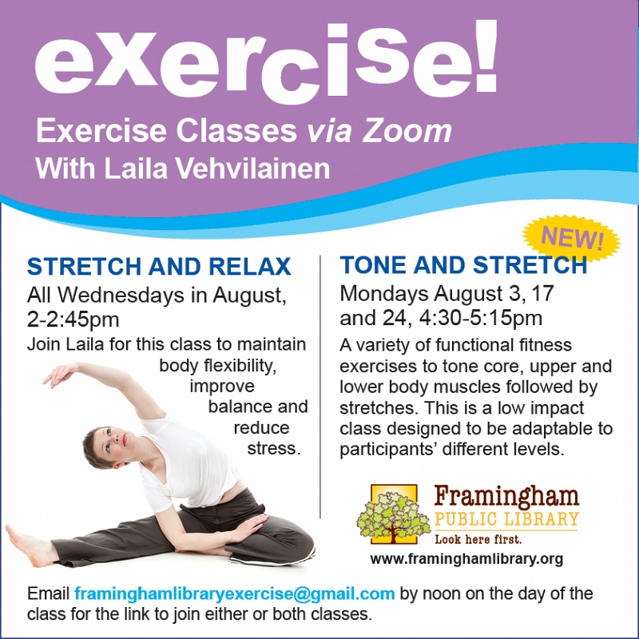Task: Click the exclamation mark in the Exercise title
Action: coord(486,56)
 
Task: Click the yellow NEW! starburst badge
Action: coord(571,237)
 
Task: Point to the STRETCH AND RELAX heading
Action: coord(159,266)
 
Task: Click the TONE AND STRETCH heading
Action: coord(463,265)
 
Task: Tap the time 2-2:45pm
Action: coord(73,319)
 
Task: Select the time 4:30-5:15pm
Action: coord(481,318)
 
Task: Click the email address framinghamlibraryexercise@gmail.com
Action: coord(234,593)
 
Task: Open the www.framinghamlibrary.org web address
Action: coord(466,558)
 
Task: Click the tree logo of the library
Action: coord(394,514)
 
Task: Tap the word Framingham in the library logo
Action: coord(506,496)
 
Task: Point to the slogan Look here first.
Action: coord(478,539)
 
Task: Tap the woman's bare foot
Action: coord(27,545)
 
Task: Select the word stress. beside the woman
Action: coord(274,448)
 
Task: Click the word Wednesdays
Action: coord(121,295)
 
